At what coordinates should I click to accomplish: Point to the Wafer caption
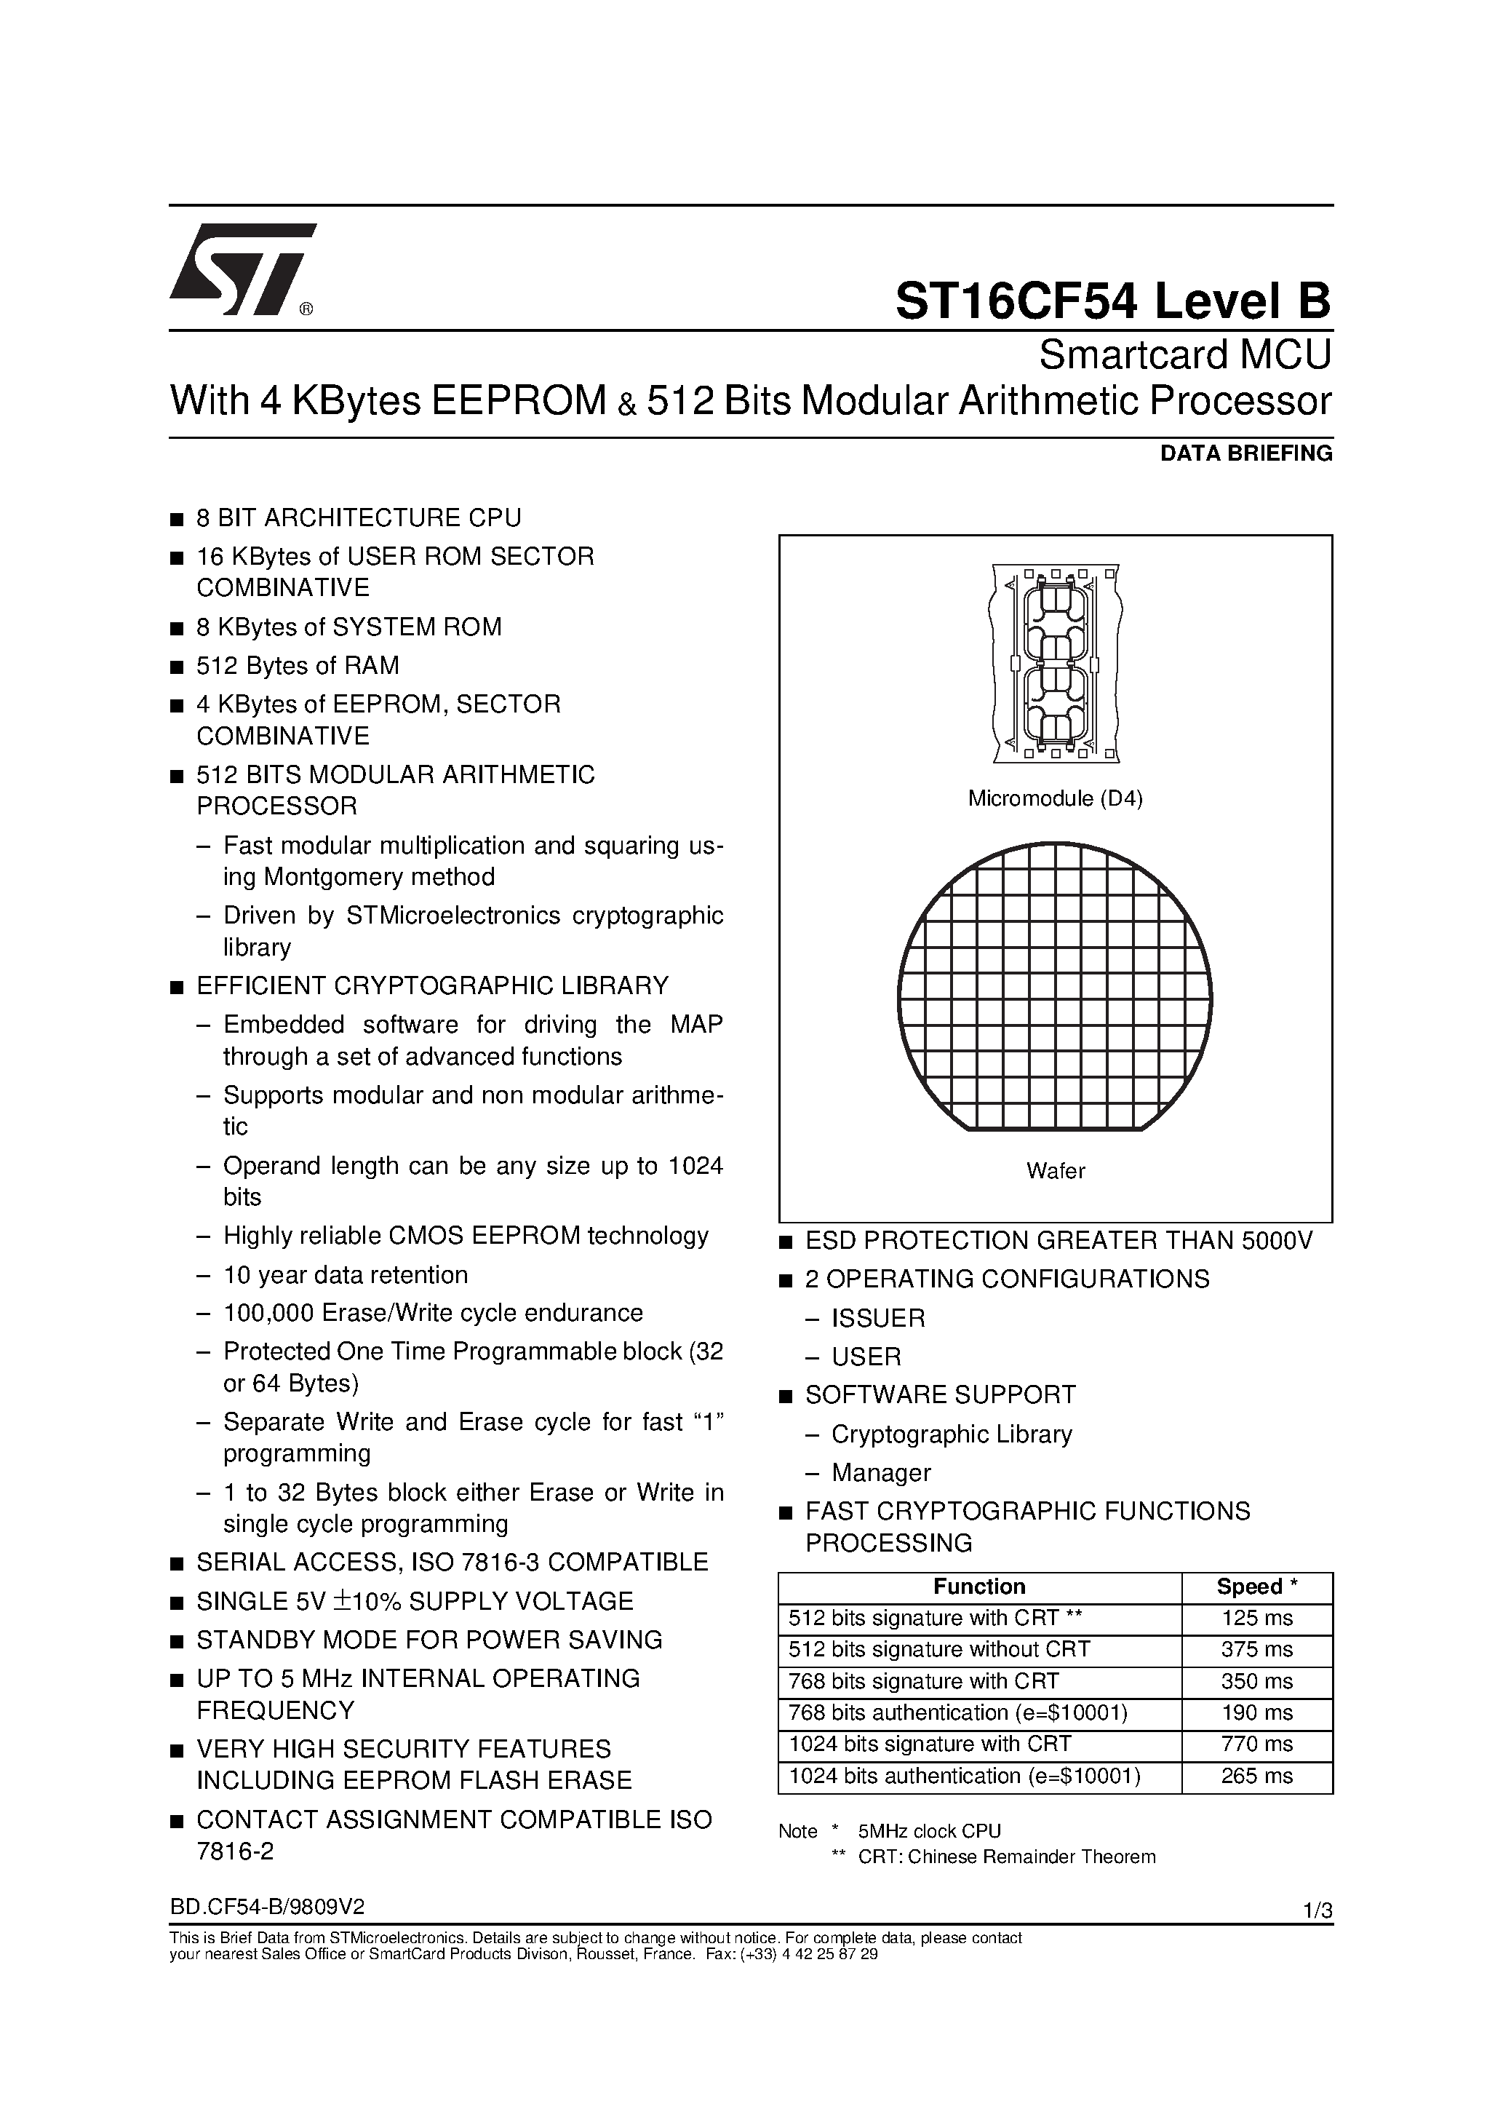tap(1055, 1170)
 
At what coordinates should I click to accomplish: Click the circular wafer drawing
tap(1055, 987)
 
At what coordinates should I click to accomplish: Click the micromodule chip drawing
tap(1055, 663)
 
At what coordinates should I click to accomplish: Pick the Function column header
tap(978, 1587)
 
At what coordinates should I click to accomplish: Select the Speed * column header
tap(1256, 1587)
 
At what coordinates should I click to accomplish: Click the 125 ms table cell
tap(1256, 1619)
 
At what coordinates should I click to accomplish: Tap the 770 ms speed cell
tap(1256, 1744)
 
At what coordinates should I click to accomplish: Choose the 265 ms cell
tap(1256, 1776)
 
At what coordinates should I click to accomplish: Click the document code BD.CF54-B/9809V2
tap(267, 1907)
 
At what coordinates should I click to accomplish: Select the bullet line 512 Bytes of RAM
tap(298, 665)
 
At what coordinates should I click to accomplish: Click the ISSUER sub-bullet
tap(877, 1318)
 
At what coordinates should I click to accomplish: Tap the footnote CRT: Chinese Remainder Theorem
tap(1006, 1857)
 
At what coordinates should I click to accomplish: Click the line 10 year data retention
tap(345, 1274)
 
